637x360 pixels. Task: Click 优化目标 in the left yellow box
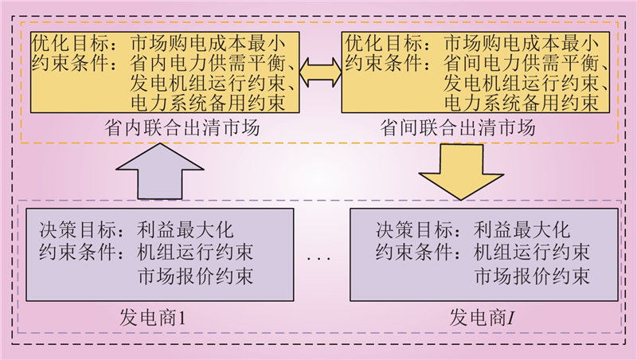[x=62, y=40]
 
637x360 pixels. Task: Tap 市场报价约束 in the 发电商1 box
[x=195, y=276]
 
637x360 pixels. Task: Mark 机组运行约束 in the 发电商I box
[x=531, y=253]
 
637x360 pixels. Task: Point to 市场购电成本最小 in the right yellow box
[x=521, y=40]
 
